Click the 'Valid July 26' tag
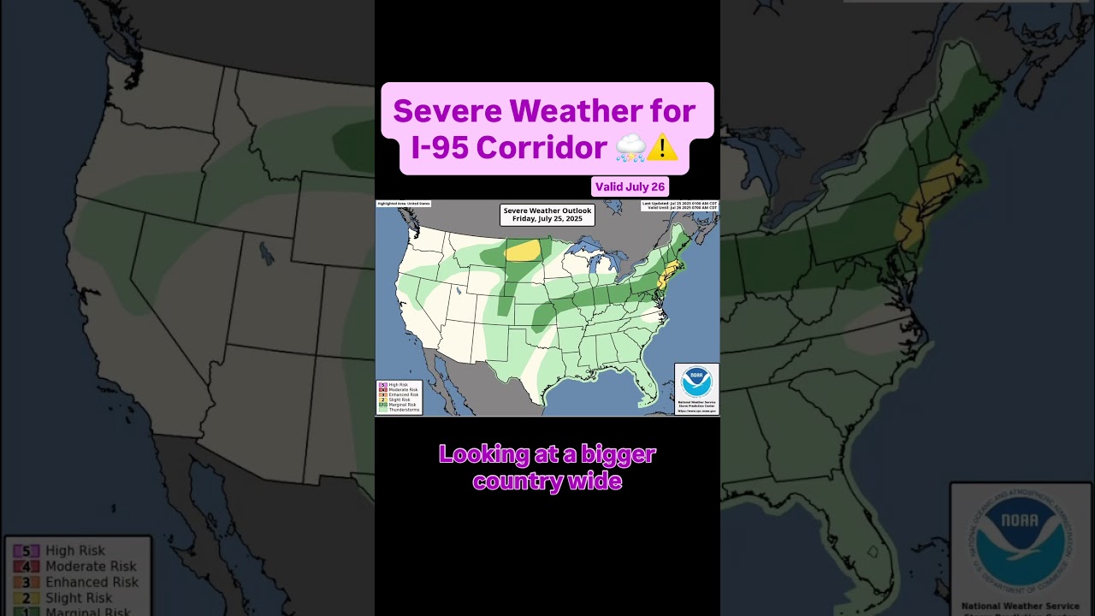pyautogui.click(x=630, y=187)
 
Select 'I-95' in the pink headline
pyautogui.click(x=439, y=147)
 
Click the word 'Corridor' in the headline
pyautogui.click(x=542, y=147)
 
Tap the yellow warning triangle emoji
pyautogui.click(x=662, y=148)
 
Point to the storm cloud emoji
pyautogui.click(x=630, y=148)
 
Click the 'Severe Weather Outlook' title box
pyautogui.click(x=547, y=215)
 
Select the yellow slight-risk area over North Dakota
pyautogui.click(x=523, y=250)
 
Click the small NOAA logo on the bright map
pyautogui.click(x=696, y=382)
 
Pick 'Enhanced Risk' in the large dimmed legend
pyautogui.click(x=92, y=582)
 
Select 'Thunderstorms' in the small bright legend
pyautogui.click(x=404, y=410)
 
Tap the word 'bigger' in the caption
pyautogui.click(x=617, y=453)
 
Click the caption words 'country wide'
pyautogui.click(x=547, y=482)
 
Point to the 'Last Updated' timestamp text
pyautogui.click(x=680, y=204)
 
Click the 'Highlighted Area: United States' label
pyautogui.click(x=404, y=204)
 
